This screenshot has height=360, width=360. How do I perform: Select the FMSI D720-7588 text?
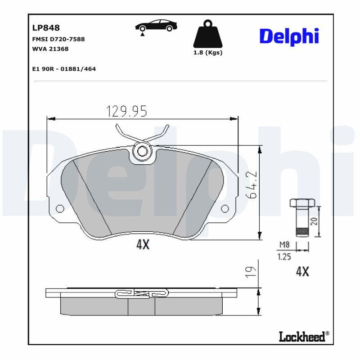pos(58,39)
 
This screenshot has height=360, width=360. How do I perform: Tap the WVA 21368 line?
pos(50,49)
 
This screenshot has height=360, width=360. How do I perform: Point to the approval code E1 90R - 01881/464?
pos(64,69)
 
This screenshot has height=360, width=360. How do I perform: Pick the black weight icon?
pos(207,34)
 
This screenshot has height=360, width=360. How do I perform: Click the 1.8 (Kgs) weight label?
pos(207,53)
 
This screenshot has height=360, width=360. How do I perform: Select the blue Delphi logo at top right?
pos(289,36)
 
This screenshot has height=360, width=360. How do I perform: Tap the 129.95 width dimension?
pos(126,110)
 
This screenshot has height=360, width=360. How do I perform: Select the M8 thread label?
pos(284,245)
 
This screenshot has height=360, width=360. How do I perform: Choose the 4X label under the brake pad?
pos(142,244)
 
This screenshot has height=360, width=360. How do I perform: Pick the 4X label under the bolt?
pos(302,271)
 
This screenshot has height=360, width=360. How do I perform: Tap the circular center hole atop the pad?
pos(143,151)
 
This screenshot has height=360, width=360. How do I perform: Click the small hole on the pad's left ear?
pos(59,208)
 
